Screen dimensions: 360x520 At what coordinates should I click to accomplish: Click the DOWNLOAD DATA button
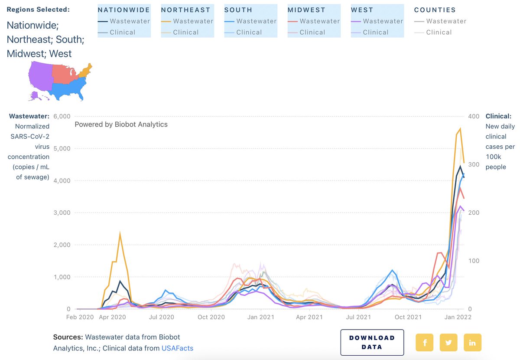(x=372, y=342)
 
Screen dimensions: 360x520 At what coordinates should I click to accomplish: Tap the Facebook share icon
(x=424, y=342)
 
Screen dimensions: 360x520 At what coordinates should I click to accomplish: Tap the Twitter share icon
(x=448, y=342)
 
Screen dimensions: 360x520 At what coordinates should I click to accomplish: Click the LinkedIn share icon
(x=472, y=342)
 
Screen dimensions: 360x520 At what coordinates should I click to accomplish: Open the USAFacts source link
(x=177, y=348)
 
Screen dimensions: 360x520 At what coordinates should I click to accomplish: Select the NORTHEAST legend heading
(x=185, y=10)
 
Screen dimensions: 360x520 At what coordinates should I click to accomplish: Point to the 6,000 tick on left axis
(x=62, y=116)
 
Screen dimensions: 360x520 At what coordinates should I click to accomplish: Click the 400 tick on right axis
(x=474, y=116)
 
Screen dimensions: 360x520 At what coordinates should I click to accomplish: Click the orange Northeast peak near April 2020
(x=120, y=234)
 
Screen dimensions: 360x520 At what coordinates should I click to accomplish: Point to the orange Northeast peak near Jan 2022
(x=460, y=128)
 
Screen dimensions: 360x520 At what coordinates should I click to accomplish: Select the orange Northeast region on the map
(x=87, y=69)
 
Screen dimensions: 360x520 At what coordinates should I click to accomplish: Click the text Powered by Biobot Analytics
(x=121, y=124)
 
